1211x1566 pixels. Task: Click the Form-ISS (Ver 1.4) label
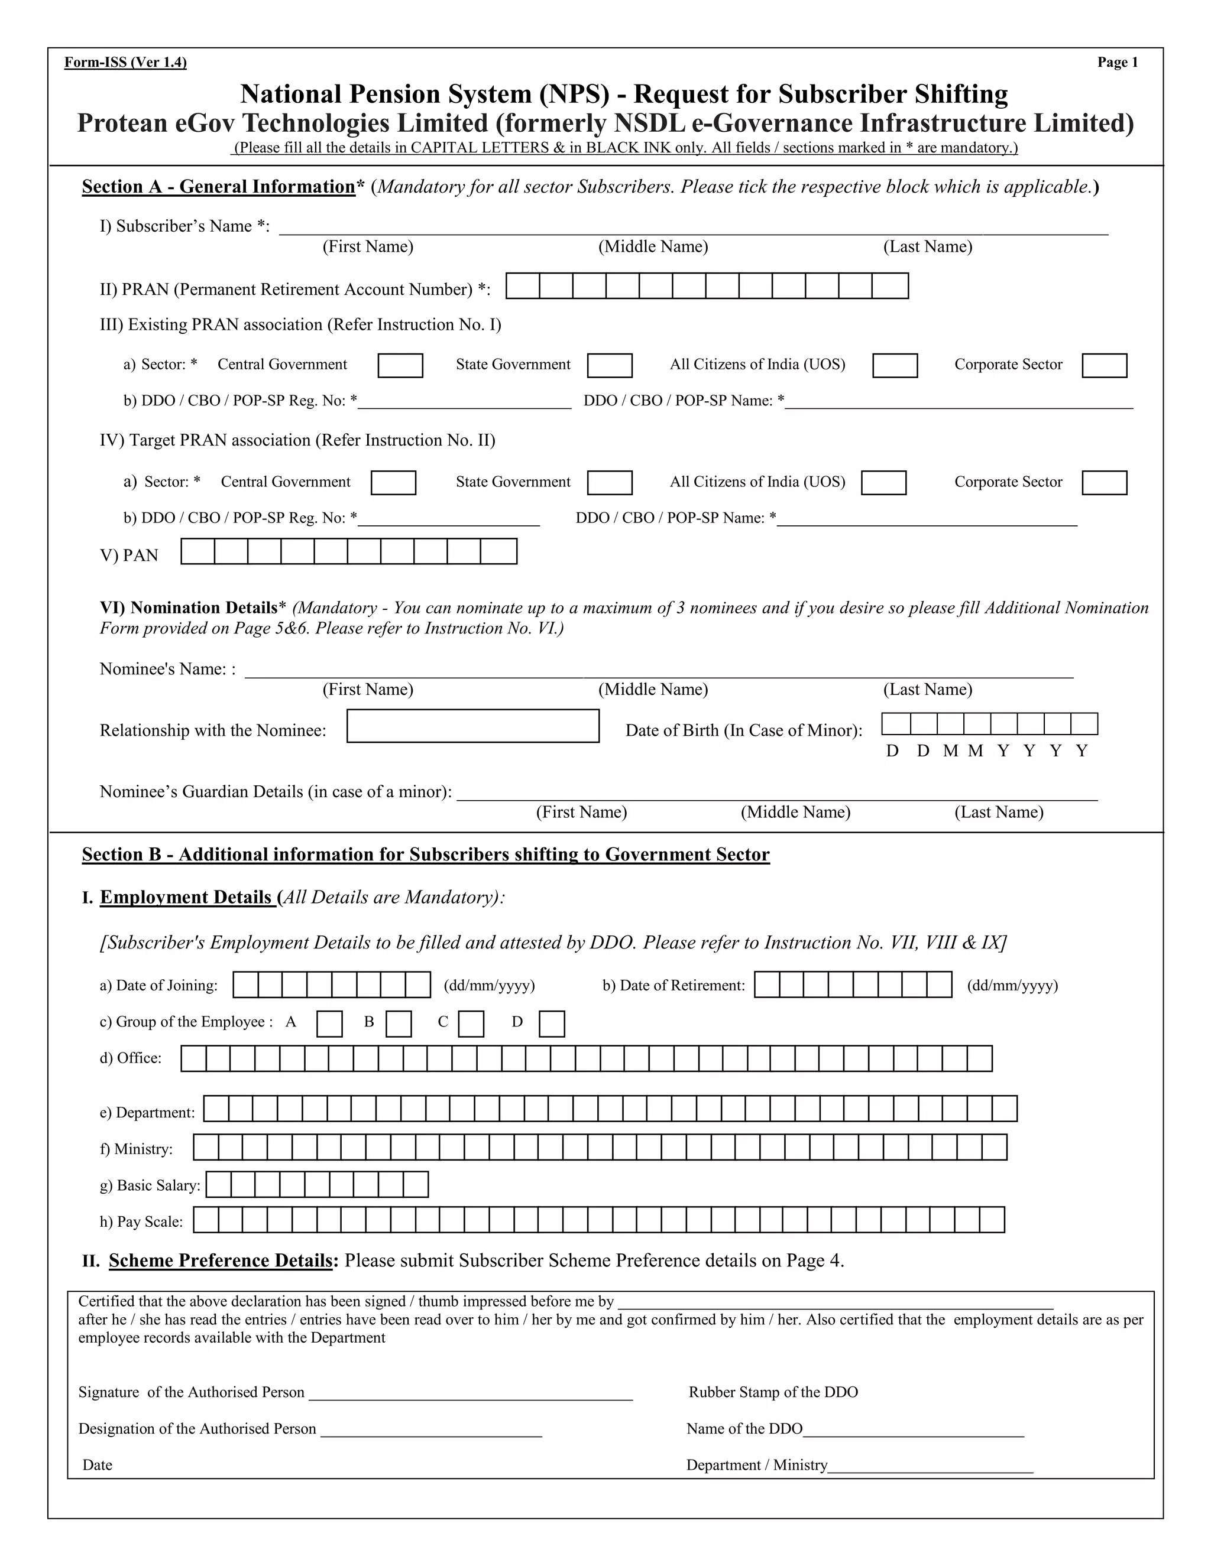point(125,63)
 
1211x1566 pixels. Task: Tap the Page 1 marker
point(1117,63)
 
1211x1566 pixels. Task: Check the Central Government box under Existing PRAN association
point(400,366)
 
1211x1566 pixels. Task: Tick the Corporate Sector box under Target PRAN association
point(1104,483)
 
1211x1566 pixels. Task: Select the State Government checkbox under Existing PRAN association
point(609,366)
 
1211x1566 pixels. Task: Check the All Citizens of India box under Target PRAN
point(883,483)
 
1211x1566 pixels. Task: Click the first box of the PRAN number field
point(523,286)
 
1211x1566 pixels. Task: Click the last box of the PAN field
point(498,551)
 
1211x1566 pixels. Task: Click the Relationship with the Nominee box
point(473,726)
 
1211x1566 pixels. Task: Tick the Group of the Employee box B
point(398,1024)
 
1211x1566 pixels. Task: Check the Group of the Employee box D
point(551,1024)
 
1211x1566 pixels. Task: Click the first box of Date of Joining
point(246,985)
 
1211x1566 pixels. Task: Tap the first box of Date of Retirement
point(767,985)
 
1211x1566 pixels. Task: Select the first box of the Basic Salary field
point(219,1184)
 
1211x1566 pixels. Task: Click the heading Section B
point(425,854)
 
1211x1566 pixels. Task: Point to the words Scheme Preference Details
point(221,1260)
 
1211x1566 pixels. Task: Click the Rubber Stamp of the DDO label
point(773,1392)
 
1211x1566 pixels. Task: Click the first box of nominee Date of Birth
point(896,724)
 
